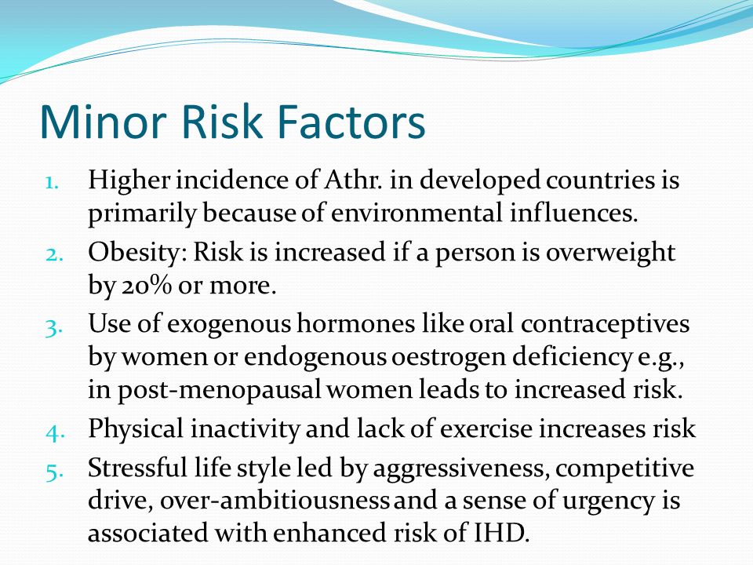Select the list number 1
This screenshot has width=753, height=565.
coord(52,183)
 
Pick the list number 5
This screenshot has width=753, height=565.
coord(54,472)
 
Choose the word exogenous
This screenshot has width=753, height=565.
coord(229,324)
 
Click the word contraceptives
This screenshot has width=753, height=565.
coord(605,324)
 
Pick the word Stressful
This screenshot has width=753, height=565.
coord(137,468)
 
